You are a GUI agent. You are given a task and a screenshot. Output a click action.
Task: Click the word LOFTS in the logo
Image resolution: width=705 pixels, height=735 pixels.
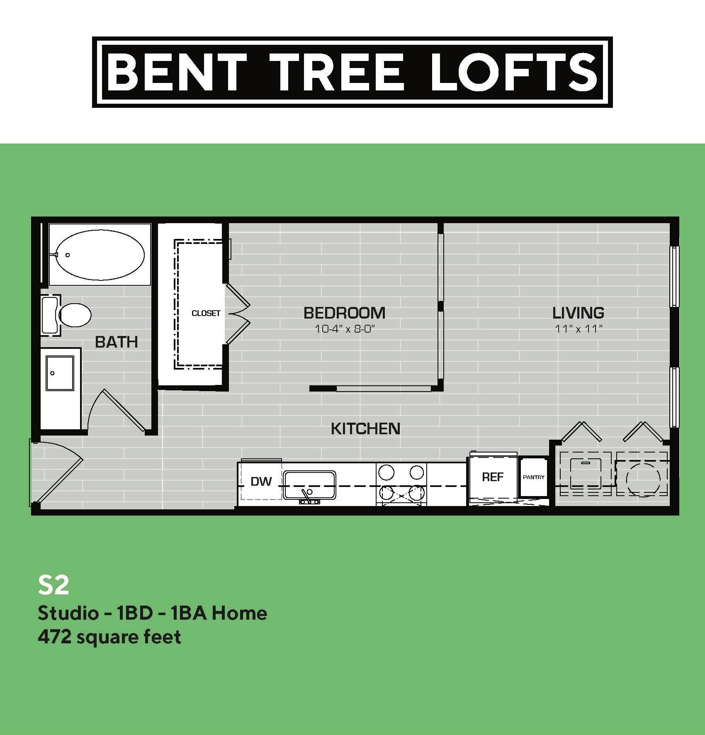[x=514, y=72]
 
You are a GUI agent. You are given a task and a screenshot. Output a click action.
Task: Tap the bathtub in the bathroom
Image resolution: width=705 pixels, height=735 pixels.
[x=100, y=255]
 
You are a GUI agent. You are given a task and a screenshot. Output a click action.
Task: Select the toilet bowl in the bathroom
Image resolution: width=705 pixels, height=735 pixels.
[x=75, y=314]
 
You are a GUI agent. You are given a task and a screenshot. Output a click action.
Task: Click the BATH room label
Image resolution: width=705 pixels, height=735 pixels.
[x=117, y=342]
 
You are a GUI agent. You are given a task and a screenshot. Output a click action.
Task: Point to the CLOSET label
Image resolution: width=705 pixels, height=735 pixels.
[x=206, y=313]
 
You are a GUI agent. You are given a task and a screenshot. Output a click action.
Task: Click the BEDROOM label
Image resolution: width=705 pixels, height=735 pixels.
[x=344, y=313]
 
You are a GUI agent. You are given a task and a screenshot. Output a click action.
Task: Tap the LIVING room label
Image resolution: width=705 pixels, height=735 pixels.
[x=578, y=313]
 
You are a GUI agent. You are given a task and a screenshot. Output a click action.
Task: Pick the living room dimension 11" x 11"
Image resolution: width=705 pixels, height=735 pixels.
[x=579, y=329]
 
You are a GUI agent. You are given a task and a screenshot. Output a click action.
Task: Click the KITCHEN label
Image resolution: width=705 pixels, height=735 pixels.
[x=365, y=428]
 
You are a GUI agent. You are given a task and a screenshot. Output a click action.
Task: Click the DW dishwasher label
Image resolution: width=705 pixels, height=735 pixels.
[x=261, y=481]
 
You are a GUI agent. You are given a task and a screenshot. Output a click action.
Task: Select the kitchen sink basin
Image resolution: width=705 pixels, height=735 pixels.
[x=309, y=484]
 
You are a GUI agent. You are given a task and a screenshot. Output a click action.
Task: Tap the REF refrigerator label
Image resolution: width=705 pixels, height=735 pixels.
[x=493, y=477]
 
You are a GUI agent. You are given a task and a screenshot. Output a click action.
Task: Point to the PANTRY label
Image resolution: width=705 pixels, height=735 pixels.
[x=533, y=477]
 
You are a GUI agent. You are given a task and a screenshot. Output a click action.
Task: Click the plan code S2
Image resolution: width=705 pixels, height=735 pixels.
[x=53, y=585]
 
